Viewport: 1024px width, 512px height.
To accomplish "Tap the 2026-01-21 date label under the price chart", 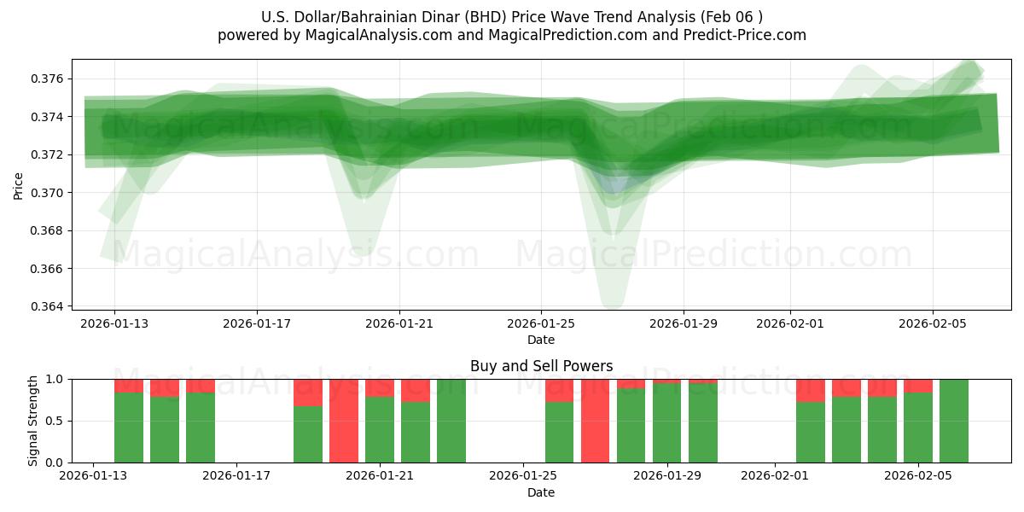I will point(399,323).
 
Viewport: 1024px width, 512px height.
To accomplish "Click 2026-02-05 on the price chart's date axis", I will point(932,323).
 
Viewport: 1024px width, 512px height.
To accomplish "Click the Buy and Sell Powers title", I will point(541,366).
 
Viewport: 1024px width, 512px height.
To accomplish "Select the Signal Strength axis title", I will point(33,421).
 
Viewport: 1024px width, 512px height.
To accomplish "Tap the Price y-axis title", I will point(19,184).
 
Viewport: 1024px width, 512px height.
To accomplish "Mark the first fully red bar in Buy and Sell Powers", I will point(344,421).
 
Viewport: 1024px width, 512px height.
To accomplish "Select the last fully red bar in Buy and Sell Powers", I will point(596,421).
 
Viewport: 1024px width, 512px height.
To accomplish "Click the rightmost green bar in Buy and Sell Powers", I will point(954,421).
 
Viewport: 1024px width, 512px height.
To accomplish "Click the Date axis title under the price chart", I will point(541,340).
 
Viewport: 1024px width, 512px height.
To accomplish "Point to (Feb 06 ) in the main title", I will point(733,17).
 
